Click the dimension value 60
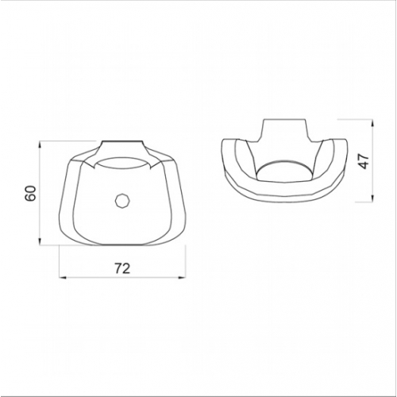tap(31, 194)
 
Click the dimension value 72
tap(122, 268)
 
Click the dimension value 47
tap(364, 161)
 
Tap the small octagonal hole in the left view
tap(122, 202)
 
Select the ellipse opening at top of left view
tap(122, 164)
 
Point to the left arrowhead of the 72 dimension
tap(62, 277)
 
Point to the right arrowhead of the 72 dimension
tap(183, 277)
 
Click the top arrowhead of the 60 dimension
tap(40, 145)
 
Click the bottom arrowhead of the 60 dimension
tap(40, 241)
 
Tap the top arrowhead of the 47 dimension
tap(372, 123)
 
